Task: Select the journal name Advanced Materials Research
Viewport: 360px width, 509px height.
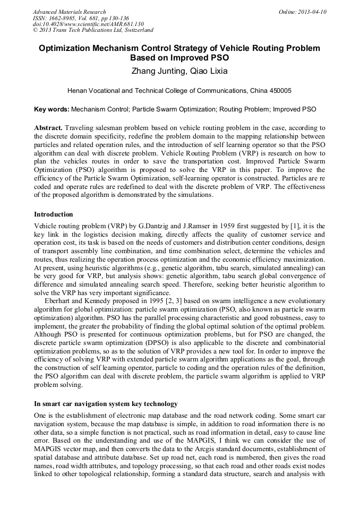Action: coord(69,12)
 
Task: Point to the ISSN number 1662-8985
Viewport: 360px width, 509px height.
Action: coord(63,18)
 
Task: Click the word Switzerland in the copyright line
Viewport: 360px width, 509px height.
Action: coord(135,30)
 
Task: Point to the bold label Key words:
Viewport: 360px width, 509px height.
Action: coord(52,110)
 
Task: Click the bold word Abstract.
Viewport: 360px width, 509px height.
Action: coord(48,128)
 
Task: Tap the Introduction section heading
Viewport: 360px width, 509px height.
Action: coord(54,214)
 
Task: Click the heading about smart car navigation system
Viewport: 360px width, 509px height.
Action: coord(106,404)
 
